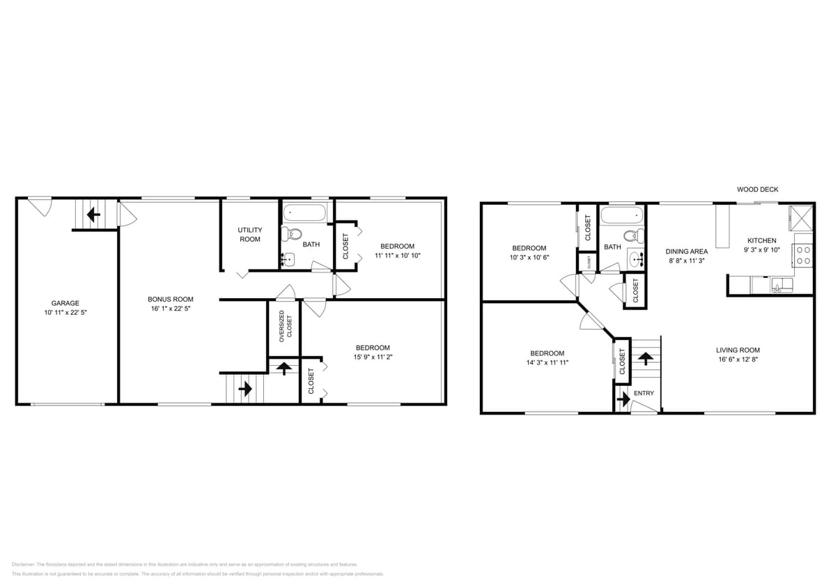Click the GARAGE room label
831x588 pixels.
tap(65, 303)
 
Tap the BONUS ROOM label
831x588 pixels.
tap(170, 299)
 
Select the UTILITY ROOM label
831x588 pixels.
tap(249, 234)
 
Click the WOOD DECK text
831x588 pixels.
tap(757, 189)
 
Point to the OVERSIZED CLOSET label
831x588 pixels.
tap(286, 325)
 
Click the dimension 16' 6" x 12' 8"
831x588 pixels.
tap(738, 360)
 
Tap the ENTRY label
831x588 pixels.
tap(644, 394)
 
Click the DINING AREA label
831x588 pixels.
tap(687, 252)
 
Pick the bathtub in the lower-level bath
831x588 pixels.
tap(306, 212)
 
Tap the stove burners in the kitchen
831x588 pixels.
tap(803, 255)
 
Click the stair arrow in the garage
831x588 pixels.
tap(92, 215)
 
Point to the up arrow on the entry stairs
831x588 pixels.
tap(646, 359)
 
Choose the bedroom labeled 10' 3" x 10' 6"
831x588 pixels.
tap(529, 252)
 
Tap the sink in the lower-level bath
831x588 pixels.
tap(288, 259)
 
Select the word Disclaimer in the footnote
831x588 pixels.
tap(23, 564)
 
